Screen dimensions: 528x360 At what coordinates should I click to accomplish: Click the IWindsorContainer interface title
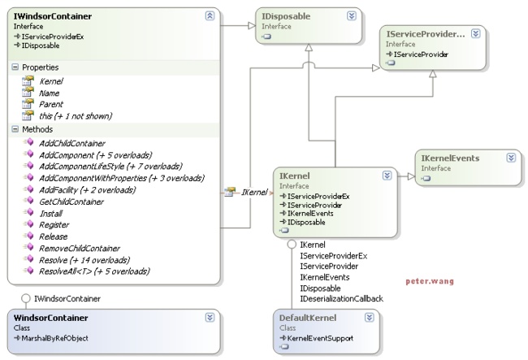[53, 16]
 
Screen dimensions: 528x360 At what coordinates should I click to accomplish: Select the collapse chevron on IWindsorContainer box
[210, 15]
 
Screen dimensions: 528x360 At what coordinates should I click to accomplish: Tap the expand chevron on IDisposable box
[352, 15]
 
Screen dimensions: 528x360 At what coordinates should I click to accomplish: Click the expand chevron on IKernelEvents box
[511, 158]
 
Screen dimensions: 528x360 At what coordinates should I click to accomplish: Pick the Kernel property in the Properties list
[51, 81]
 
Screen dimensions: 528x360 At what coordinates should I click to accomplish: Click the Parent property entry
[51, 104]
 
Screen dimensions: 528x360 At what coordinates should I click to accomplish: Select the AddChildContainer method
[72, 144]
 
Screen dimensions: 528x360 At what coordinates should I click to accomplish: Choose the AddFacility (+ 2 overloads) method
[87, 190]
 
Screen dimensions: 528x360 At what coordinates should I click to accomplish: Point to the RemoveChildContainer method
[80, 249]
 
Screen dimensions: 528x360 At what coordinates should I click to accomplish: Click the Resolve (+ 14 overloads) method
[84, 260]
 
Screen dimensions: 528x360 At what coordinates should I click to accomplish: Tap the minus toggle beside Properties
[15, 67]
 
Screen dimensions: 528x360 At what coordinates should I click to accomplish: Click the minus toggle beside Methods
[15, 129]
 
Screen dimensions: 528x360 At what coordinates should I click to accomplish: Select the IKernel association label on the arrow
[254, 193]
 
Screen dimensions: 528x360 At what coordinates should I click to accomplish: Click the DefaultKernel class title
[308, 318]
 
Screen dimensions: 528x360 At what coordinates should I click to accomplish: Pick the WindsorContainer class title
[51, 318]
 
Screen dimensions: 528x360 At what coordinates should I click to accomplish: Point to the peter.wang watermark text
[430, 281]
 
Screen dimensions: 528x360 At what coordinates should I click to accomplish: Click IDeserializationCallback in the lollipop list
[341, 299]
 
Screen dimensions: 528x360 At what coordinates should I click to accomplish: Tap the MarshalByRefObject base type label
[55, 338]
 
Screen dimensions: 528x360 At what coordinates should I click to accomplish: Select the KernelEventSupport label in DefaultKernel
[320, 338]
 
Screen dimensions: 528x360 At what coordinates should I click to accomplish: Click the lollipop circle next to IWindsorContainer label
[26, 298]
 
